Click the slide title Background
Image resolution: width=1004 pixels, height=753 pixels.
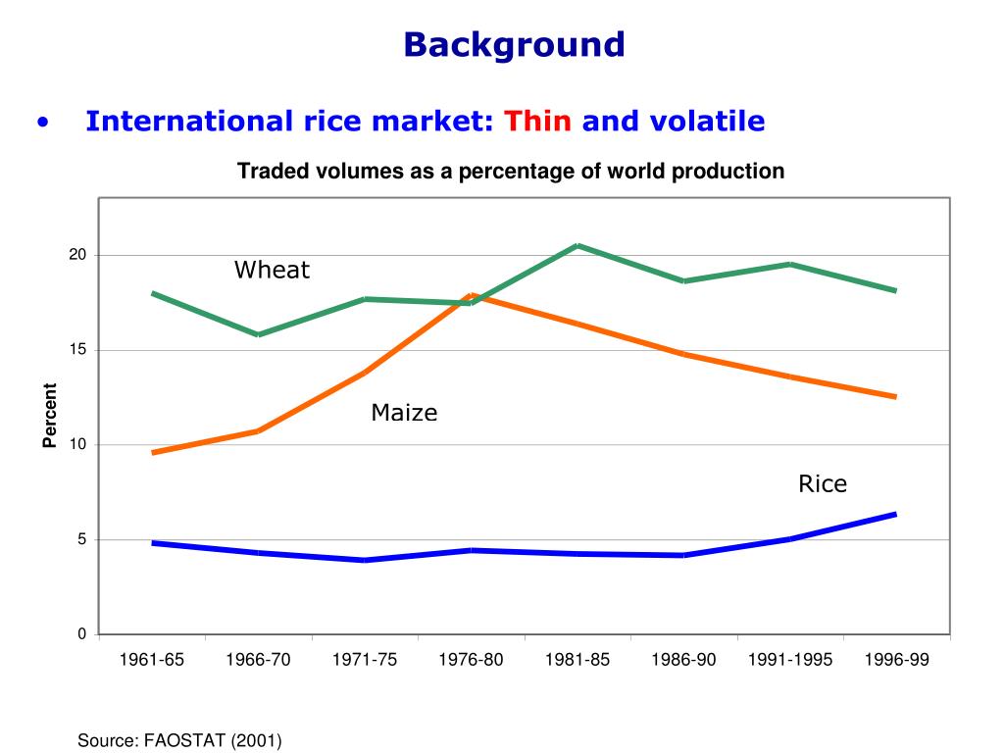point(514,44)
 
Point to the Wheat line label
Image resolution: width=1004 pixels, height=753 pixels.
point(272,271)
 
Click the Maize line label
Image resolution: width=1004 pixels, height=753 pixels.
point(404,414)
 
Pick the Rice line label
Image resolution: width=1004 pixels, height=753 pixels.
point(822,484)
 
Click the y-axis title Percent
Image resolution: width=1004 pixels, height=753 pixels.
point(50,416)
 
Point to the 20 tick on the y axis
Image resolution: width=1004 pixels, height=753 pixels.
point(77,255)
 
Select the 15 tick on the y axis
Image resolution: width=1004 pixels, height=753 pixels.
point(77,350)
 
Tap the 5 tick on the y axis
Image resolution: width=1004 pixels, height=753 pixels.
point(82,539)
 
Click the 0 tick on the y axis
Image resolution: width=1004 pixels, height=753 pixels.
point(82,634)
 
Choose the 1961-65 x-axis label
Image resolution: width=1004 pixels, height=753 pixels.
point(152,660)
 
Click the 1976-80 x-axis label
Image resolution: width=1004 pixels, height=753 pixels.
point(472,660)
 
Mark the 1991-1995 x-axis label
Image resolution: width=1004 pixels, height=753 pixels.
point(789,660)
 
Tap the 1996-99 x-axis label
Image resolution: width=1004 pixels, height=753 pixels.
point(896,660)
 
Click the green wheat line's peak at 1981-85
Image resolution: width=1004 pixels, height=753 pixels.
point(578,245)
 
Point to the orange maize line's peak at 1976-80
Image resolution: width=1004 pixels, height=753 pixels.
point(472,295)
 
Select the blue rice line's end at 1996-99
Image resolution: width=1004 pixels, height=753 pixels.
point(895,514)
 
